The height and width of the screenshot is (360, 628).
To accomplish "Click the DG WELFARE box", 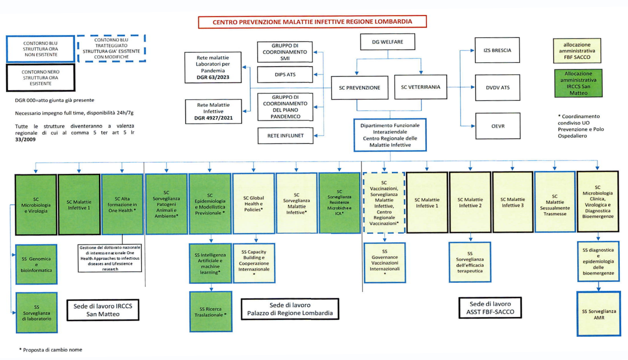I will (x=387, y=42).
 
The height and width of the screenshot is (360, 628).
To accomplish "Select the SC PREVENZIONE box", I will (x=359, y=88).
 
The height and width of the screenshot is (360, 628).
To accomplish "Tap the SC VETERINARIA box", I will (x=420, y=87).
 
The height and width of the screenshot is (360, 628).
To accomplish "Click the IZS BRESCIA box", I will (x=497, y=50).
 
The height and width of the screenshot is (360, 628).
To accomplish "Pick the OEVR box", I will (x=497, y=126).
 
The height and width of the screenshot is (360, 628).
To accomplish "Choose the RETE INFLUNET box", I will (x=285, y=136).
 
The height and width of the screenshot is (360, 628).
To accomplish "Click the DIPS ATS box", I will (x=285, y=74).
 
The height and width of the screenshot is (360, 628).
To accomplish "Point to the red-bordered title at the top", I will (x=312, y=22).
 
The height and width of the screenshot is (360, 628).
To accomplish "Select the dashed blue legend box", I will (x=111, y=48).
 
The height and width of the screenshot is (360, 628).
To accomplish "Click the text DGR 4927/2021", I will (x=213, y=118).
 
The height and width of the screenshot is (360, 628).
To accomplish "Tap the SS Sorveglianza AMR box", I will (x=599, y=314).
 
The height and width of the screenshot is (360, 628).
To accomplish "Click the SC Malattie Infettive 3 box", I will (x=512, y=202).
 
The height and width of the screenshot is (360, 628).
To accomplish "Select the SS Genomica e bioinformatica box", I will (x=36, y=264).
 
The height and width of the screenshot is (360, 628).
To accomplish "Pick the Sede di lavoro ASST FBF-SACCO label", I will (x=490, y=308).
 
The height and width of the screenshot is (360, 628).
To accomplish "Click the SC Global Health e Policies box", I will (x=254, y=204).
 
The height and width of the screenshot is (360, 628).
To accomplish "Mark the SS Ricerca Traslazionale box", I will (x=210, y=312).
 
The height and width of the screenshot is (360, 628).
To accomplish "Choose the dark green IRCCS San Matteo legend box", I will (x=578, y=83).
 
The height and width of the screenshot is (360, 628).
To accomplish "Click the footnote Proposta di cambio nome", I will (x=51, y=350).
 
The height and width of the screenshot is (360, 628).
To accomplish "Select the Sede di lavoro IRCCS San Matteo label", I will (x=103, y=310).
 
